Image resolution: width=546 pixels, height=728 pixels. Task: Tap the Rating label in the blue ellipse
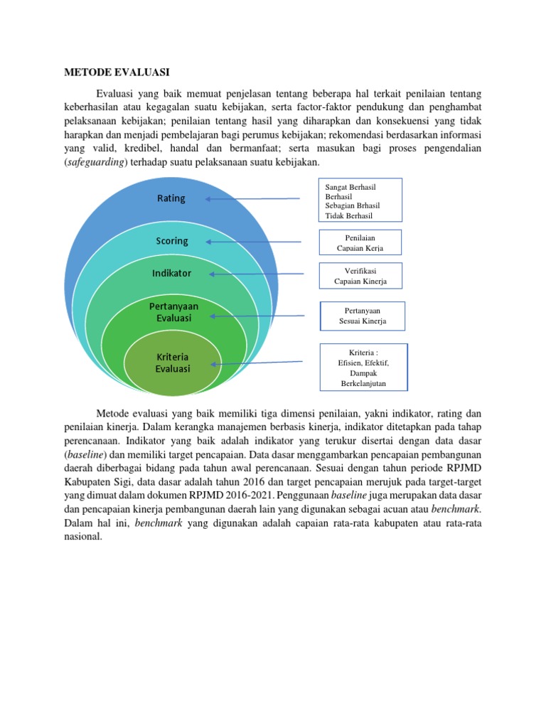point(171,198)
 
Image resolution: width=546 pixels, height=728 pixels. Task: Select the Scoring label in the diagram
point(171,241)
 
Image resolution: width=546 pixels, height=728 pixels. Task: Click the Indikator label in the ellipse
point(171,273)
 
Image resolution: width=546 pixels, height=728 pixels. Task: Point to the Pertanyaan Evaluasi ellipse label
point(173,311)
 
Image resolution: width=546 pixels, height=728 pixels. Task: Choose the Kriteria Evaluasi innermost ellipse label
point(173,362)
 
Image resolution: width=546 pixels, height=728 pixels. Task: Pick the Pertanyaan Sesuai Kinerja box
point(363,316)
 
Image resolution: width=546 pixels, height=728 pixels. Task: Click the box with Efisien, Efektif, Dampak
point(363,368)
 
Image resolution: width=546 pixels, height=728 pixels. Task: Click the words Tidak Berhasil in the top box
point(348,216)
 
